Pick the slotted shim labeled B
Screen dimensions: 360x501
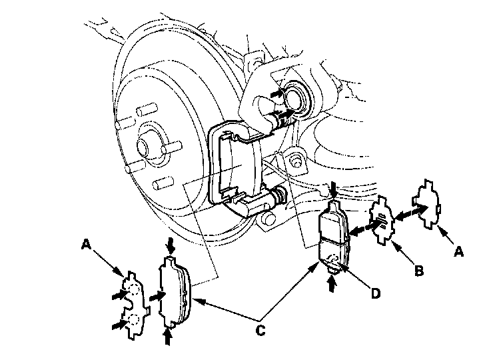(x=382, y=221)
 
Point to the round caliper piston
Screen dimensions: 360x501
(x=293, y=97)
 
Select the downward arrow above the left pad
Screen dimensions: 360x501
(x=171, y=246)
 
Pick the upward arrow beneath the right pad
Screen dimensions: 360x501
(x=331, y=283)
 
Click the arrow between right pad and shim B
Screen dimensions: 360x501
(x=358, y=230)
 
